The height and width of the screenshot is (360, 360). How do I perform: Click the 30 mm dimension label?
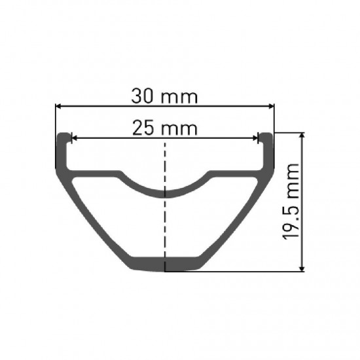click(164, 96)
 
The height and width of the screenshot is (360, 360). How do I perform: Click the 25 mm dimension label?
click(164, 128)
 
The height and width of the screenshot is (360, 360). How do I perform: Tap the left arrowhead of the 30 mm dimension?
click(59, 105)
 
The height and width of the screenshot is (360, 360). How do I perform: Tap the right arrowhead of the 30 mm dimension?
click(270, 105)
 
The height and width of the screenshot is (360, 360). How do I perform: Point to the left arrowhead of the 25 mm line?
click(74, 138)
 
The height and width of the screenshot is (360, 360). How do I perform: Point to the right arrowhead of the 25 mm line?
click(256, 138)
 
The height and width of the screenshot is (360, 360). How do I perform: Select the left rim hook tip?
click(63, 135)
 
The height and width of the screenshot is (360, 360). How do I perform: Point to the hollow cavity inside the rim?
click(165, 226)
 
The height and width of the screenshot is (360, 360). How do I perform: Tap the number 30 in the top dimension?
click(145, 96)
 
